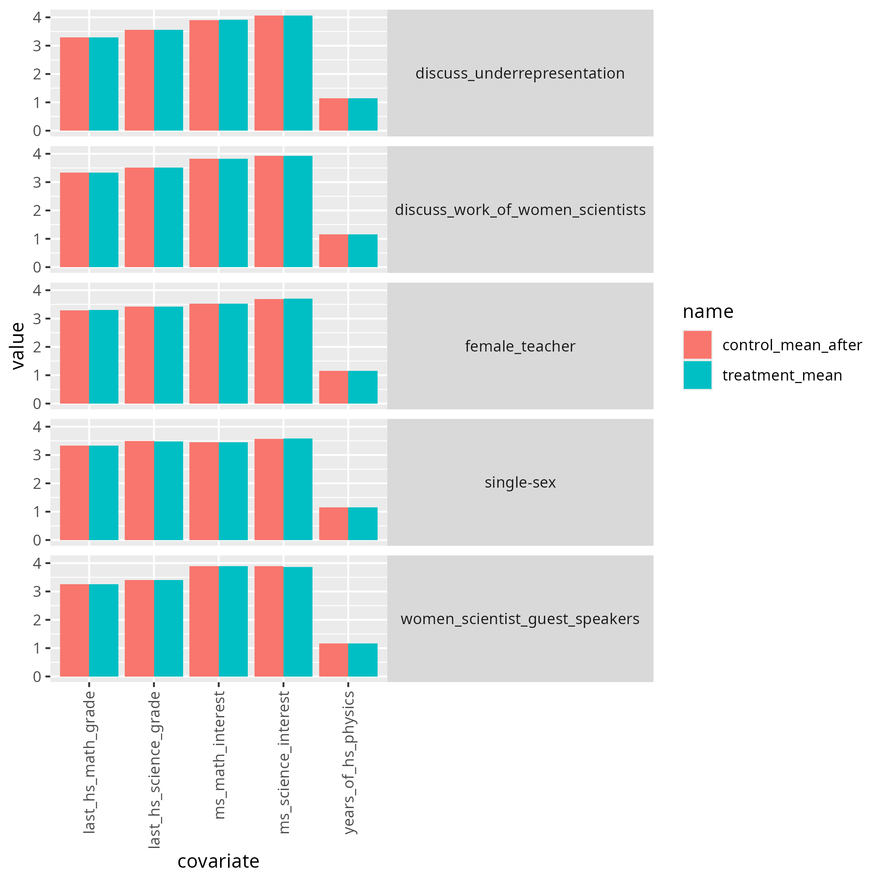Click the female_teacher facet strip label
[x=520, y=346]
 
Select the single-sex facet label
[x=520, y=483]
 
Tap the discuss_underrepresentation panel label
[x=520, y=73]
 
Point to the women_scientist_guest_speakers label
[x=520, y=619]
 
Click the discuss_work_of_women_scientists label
[x=520, y=210]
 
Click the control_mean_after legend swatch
[x=697, y=345]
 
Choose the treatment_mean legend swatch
[x=697, y=375]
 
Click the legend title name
[x=708, y=312]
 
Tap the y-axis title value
[x=18, y=346]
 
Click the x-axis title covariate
[x=218, y=861]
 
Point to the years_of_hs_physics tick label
[x=349, y=762]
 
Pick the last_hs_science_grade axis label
[x=155, y=770]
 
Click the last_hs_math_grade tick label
[x=90, y=762]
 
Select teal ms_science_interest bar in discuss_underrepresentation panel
[x=298, y=73]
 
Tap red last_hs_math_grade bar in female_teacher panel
[x=74, y=357]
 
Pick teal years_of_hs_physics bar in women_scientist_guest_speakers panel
[x=362, y=660]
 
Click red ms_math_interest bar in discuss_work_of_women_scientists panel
[x=204, y=213]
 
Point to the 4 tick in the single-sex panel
[x=37, y=427]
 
